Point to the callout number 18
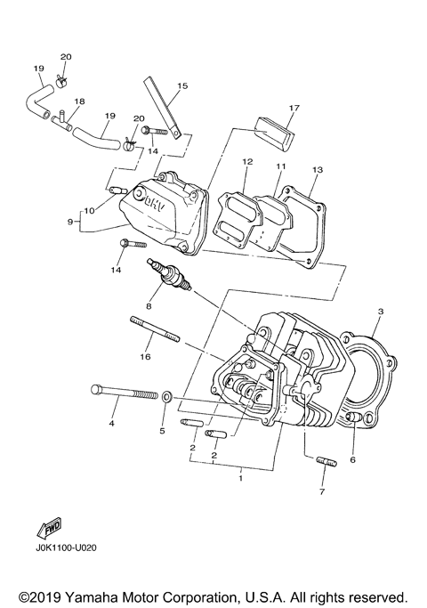click(79, 102)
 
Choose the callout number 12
click(247, 161)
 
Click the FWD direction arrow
click(48, 528)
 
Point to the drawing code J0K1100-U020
click(68, 549)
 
